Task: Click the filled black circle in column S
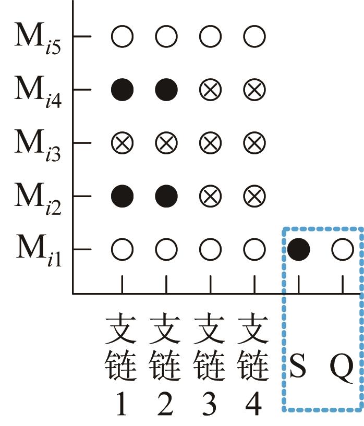tap(299, 250)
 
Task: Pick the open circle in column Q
tap(343, 250)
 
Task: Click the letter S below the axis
tap(298, 368)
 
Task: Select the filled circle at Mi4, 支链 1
tap(123, 90)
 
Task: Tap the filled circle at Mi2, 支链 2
tap(166, 197)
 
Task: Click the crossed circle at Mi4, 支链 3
tap(211, 90)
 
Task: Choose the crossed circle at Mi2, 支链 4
tap(254, 197)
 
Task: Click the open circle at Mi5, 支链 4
tap(254, 37)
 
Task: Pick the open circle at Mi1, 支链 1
tap(123, 250)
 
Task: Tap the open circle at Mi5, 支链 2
tap(166, 37)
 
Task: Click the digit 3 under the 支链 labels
tap(211, 405)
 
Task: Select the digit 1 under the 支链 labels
tap(122, 405)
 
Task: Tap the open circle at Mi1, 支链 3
tap(211, 250)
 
